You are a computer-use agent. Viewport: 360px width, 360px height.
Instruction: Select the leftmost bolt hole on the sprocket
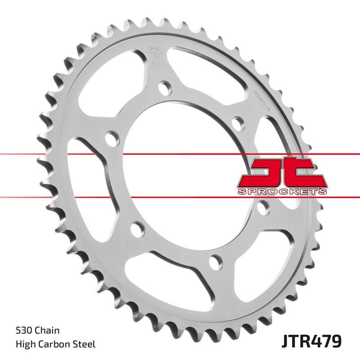tap(109, 136)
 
